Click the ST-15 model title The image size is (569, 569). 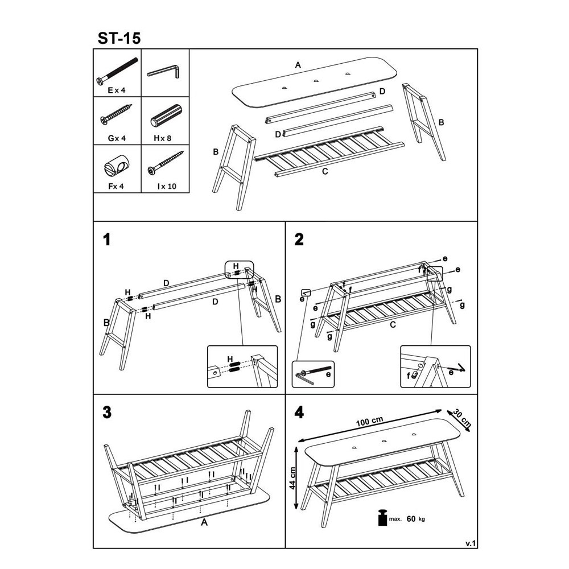point(119,38)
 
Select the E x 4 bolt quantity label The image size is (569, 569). point(117,90)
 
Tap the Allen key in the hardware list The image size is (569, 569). point(164,72)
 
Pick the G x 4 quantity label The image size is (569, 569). point(117,138)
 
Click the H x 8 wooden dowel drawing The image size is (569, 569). point(166,116)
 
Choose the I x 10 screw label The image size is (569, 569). point(167,186)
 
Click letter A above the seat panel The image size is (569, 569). point(298,65)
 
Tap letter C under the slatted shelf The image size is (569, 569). point(325,171)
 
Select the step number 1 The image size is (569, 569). point(107,240)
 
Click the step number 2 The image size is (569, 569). point(299,240)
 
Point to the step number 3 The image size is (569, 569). point(107,412)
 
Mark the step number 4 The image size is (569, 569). point(299,412)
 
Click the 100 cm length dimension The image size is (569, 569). point(369,421)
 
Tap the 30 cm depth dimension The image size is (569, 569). point(462,419)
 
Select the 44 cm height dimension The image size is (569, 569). point(293,478)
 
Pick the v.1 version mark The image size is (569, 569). point(471,543)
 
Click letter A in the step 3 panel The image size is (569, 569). point(204,522)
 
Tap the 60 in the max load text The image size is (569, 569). point(411,519)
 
